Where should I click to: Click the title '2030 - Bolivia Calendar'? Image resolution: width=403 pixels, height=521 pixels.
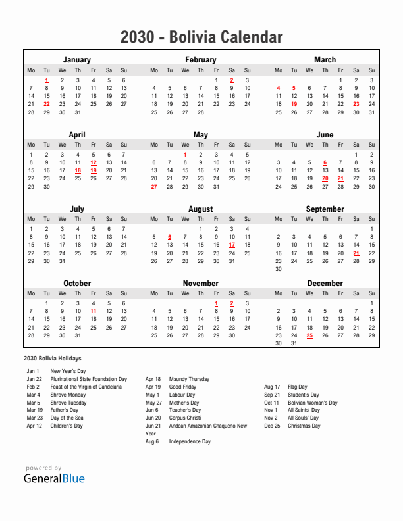tap(201, 37)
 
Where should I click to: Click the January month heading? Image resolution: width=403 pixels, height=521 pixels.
tap(77, 60)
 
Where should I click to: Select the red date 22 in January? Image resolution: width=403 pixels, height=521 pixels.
tap(46, 104)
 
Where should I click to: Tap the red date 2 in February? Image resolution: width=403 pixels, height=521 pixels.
tap(232, 80)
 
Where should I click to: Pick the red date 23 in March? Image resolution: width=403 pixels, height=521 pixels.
tap(356, 104)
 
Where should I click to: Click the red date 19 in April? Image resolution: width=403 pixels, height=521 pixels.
tap(94, 170)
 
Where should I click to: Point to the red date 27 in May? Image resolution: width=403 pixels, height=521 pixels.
tap(154, 187)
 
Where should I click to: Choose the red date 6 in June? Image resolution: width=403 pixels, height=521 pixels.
tap(325, 162)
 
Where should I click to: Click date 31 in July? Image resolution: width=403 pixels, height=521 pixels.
tap(62, 261)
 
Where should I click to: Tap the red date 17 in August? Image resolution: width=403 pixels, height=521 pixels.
tap(232, 245)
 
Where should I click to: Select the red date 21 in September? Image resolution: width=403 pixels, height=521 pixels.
tap(356, 253)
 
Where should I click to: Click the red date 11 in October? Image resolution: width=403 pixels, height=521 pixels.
tap(94, 311)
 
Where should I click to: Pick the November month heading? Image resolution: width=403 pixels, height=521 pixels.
tap(201, 284)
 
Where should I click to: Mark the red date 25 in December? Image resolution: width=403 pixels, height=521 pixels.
tap(309, 335)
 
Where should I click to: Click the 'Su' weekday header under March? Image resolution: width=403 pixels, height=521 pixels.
tap(371, 70)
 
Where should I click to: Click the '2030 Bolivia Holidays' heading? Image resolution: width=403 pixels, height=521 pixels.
tap(53, 359)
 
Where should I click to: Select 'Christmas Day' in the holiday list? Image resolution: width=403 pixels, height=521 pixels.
tap(304, 426)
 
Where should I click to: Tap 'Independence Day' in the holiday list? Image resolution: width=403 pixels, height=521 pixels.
tap(190, 441)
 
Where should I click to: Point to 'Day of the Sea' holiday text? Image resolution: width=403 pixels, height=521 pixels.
tap(67, 418)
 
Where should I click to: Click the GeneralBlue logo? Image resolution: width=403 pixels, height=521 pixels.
tap(55, 478)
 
